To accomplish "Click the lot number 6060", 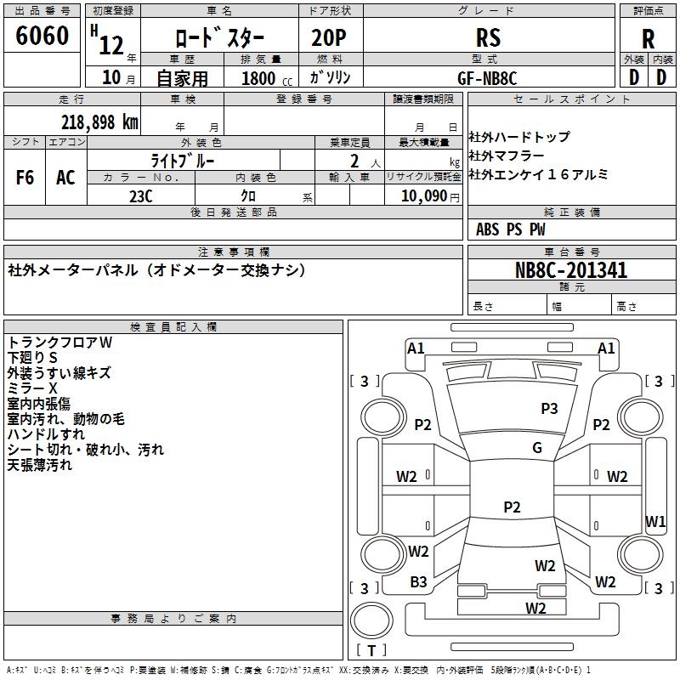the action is [42, 36].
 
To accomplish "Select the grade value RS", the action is [488, 37].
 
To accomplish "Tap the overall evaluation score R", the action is [648, 39].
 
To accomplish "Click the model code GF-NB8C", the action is [487, 78].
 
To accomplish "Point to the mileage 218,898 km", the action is [99, 122].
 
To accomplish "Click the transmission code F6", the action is [25, 178].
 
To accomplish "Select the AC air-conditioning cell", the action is [65, 178].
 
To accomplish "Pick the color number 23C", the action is [141, 196].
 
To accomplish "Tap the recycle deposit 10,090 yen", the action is [430, 196].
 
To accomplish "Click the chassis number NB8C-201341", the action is [571, 270].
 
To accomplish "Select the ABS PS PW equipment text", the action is [511, 229].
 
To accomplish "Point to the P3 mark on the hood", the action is [549, 408].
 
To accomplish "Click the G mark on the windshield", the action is [537, 447].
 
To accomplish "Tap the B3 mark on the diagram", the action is [418, 582].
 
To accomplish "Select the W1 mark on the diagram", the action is [655, 521].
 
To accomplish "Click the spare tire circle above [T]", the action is [371, 620].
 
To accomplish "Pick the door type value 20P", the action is [329, 37].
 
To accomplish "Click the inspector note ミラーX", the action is [32, 388].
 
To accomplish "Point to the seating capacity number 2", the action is [354, 161].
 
